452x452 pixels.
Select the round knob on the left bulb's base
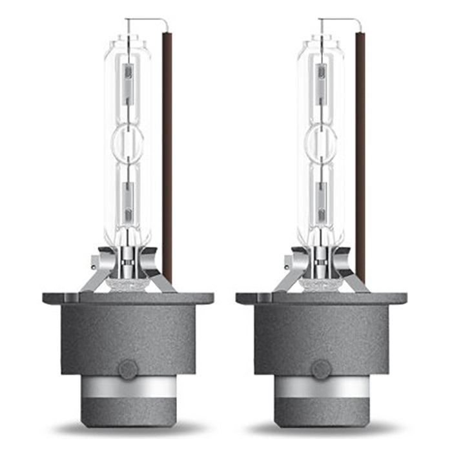click(x=128, y=369)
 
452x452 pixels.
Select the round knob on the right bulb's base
click(x=321, y=369)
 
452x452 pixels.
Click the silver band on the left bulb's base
click(x=128, y=388)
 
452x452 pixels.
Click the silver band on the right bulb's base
click(x=321, y=388)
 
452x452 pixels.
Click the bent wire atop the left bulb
click(x=149, y=21)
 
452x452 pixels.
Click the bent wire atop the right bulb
click(x=342, y=21)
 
